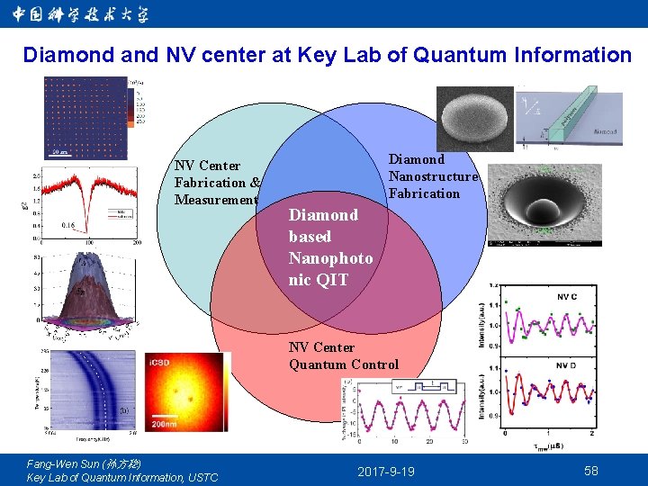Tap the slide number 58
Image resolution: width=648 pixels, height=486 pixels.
pyautogui.click(x=591, y=471)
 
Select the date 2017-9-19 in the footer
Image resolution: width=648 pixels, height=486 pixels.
pyautogui.click(x=386, y=472)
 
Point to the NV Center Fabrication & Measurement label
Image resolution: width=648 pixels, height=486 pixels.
pyautogui.click(x=217, y=183)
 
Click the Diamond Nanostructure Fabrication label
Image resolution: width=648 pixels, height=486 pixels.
pyautogui.click(x=432, y=176)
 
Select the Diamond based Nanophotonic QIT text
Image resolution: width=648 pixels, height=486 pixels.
pyautogui.click(x=329, y=247)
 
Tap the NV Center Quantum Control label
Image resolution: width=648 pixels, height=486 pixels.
pyautogui.click(x=343, y=355)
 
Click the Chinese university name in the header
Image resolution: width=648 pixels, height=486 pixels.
pyautogui.click(x=81, y=13)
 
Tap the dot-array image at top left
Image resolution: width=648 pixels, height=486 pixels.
pyautogui.click(x=85, y=117)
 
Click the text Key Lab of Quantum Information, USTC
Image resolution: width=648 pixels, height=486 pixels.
pyautogui.click(x=122, y=477)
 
